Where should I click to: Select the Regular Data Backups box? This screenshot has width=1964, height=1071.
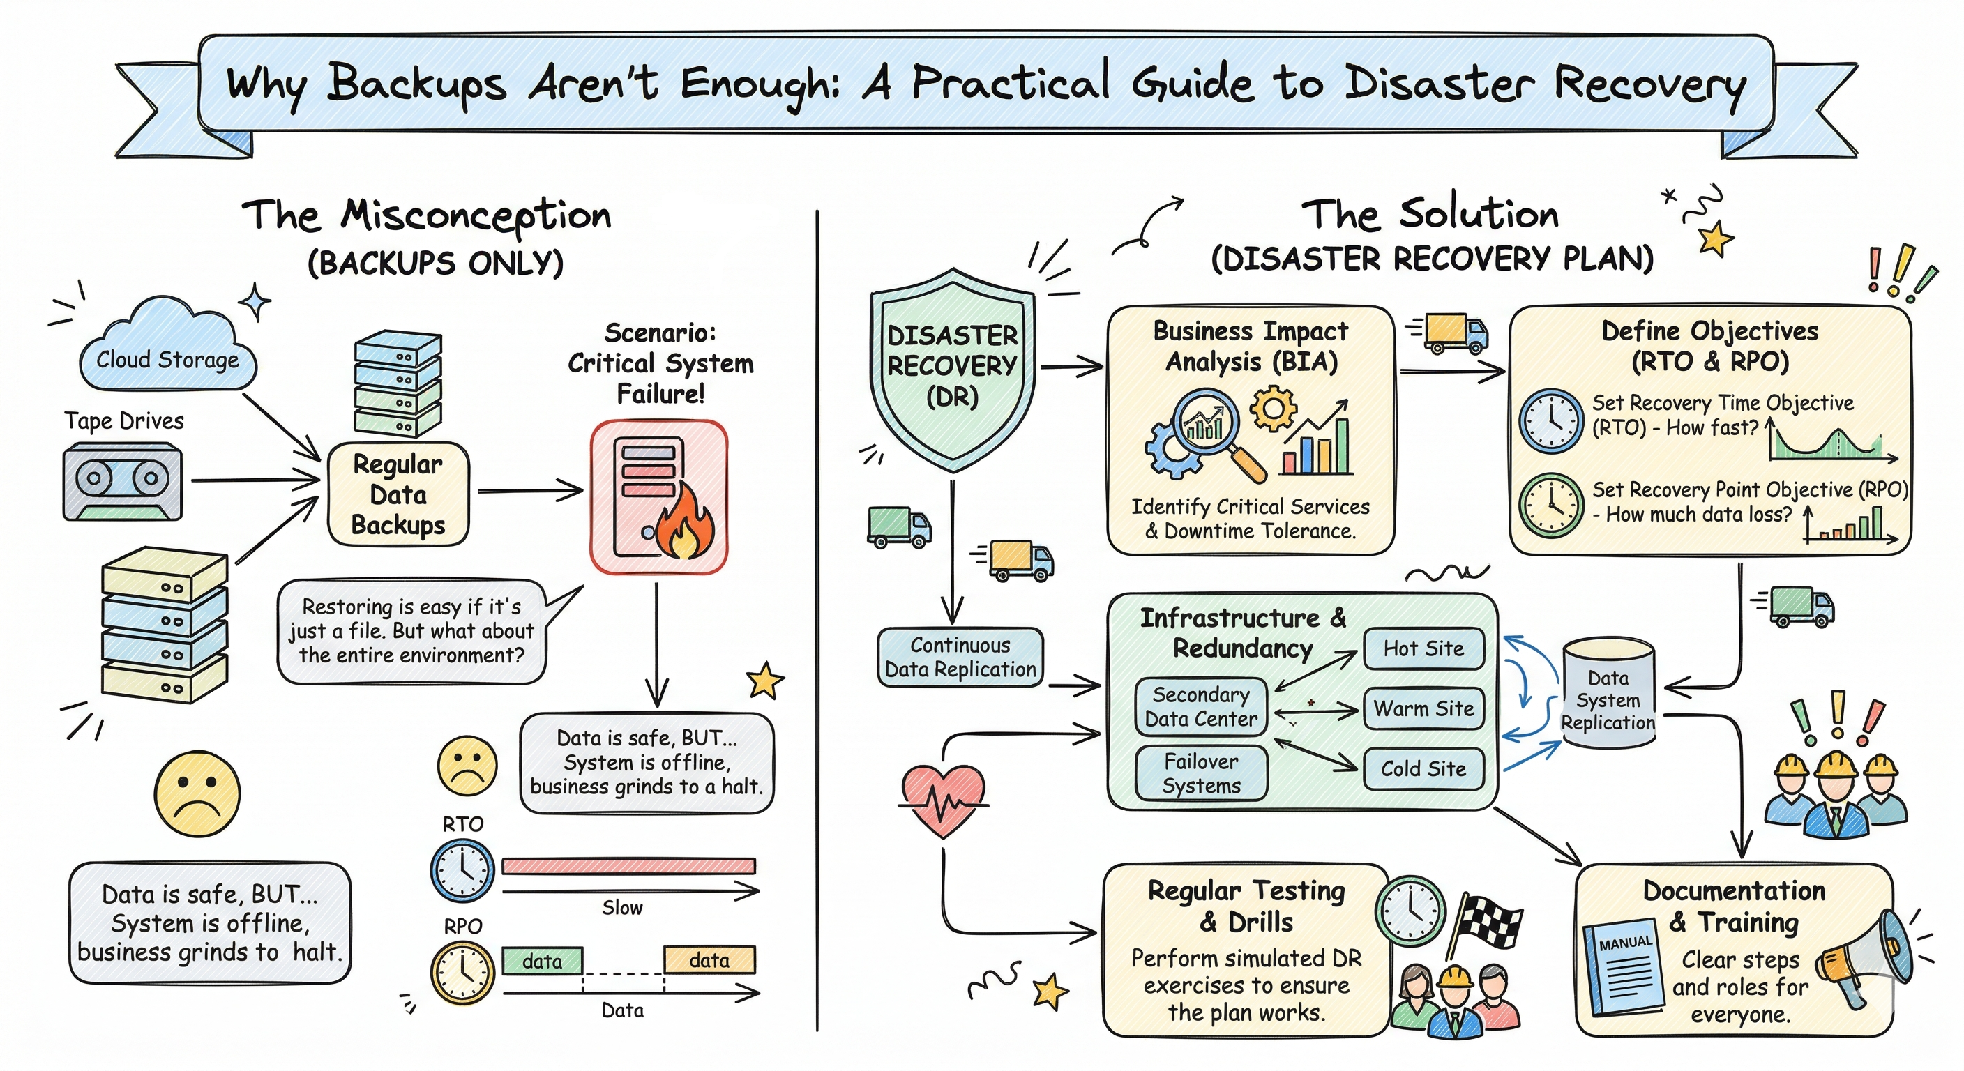tap(398, 494)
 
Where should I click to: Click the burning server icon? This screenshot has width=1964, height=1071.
tap(658, 496)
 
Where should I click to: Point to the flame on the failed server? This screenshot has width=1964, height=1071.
tap(684, 526)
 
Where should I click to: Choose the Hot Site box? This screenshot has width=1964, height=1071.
tap(1423, 648)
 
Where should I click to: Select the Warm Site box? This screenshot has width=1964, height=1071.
tap(1423, 709)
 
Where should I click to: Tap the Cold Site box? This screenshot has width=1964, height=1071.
tap(1423, 768)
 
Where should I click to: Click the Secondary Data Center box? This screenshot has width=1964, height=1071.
tap(1201, 706)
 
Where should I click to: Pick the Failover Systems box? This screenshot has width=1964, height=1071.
tap(1201, 773)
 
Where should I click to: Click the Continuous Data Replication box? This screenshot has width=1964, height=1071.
tap(960, 657)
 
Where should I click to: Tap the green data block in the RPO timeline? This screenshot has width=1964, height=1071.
tap(542, 960)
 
